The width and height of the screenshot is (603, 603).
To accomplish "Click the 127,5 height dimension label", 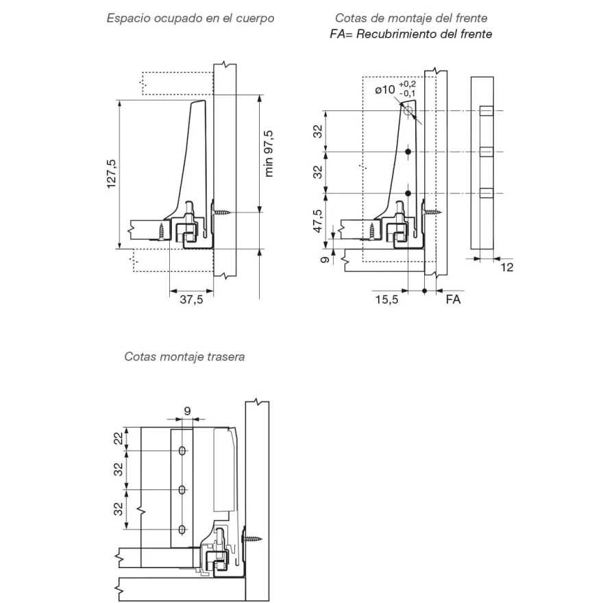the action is [111, 174].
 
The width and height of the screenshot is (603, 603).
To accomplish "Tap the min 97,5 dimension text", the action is [269, 153].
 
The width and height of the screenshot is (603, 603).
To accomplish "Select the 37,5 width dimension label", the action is [191, 299].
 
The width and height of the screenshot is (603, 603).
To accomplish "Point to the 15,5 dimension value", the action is [386, 299].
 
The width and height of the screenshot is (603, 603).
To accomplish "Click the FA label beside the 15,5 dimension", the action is [453, 299].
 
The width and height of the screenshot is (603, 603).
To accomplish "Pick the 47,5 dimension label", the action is [318, 221].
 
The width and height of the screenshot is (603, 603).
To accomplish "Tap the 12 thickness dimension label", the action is [507, 267].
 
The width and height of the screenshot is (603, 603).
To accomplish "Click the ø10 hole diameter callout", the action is [385, 90].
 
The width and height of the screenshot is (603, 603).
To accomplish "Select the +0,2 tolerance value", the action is [407, 84].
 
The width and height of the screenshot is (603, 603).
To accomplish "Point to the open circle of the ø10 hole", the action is [408, 112].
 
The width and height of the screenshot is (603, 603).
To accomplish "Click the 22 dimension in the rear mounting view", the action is [118, 439].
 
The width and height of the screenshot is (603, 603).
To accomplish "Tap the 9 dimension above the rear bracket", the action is [187, 411].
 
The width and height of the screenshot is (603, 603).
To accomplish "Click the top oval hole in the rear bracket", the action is [182, 451].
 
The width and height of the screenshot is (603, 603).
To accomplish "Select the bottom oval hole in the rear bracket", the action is [182, 530].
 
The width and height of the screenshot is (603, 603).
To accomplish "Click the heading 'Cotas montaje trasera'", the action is [184, 356].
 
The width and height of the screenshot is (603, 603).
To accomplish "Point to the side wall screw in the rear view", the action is [252, 539].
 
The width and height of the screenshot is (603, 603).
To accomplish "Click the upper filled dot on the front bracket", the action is [408, 152].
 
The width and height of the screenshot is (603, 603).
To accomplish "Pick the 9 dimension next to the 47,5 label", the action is [325, 260].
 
